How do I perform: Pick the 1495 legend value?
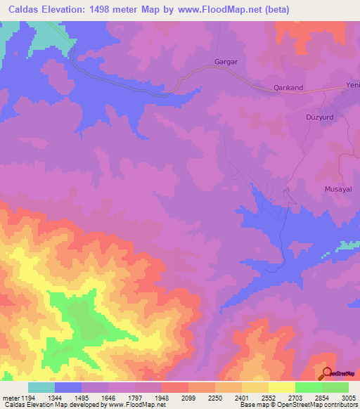click(81, 398)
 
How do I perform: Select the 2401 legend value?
click(242, 398)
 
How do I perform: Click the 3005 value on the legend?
click(348, 398)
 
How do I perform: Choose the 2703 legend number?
click(295, 398)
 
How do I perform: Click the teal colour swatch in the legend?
click(41, 387)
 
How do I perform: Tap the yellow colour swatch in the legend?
click(281, 387)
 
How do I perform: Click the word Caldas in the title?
click(20, 10)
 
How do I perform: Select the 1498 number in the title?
click(111, 10)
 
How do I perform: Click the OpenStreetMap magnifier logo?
click(327, 373)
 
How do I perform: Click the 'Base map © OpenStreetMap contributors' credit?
click(298, 405)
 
